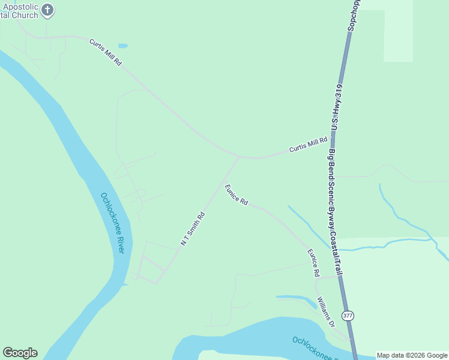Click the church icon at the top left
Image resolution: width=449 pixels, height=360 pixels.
(48, 10)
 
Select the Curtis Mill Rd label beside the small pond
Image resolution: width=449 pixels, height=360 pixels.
(106, 53)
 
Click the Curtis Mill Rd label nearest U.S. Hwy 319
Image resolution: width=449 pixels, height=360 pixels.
(309, 145)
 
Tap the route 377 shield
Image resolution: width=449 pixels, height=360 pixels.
(348, 316)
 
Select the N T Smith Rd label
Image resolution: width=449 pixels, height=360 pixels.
(193, 227)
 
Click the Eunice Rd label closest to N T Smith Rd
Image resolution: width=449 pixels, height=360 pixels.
(237, 195)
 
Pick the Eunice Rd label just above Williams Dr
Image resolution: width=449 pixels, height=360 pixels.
(313, 263)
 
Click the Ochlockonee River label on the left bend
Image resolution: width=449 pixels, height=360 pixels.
(112, 223)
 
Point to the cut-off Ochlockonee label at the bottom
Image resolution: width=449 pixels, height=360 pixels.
(319, 347)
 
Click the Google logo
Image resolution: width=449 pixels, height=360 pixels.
(20, 353)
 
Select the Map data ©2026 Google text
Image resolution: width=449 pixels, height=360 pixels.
(412, 355)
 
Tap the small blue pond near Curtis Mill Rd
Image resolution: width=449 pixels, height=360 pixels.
(123, 46)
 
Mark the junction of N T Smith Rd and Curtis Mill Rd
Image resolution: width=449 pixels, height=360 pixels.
(238, 158)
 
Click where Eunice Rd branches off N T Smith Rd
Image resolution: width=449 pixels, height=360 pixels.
(223, 182)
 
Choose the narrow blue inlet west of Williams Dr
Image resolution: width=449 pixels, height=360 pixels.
(297, 298)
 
